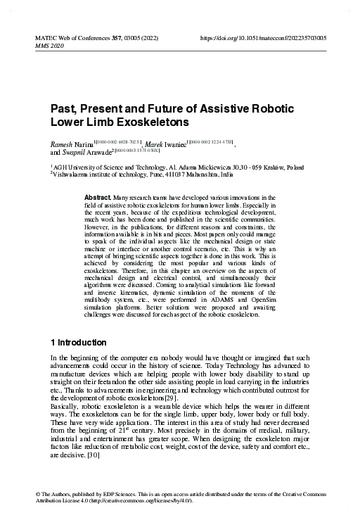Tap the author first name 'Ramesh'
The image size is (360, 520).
[62, 143]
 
